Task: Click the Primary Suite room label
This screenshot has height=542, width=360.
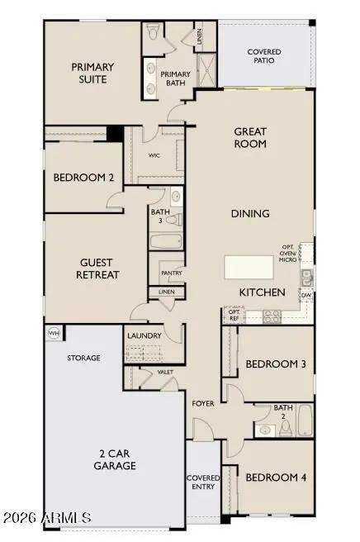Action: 92,74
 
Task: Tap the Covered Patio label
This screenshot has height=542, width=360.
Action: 264,56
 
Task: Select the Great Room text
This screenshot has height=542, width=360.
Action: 250,137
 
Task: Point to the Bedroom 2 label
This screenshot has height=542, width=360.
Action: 83,178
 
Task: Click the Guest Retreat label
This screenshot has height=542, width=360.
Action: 98,267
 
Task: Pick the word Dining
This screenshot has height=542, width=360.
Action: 250,213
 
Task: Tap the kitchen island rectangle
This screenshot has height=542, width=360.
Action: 249,268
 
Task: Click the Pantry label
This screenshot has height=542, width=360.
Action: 172,273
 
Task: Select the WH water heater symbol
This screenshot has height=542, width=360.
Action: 54,333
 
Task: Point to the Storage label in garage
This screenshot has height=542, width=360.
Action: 83,358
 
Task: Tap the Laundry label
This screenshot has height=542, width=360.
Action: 144,335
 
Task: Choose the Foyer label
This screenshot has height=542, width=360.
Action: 203,404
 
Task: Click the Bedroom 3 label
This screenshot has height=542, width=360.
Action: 275,364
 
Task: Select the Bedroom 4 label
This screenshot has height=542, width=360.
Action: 275,477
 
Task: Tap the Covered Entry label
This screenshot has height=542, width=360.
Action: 203,482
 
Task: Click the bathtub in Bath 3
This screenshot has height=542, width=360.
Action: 166,242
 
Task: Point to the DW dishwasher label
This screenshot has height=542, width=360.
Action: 306,295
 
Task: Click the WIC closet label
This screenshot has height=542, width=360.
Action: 154,155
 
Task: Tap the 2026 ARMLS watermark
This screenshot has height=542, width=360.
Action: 46,517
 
